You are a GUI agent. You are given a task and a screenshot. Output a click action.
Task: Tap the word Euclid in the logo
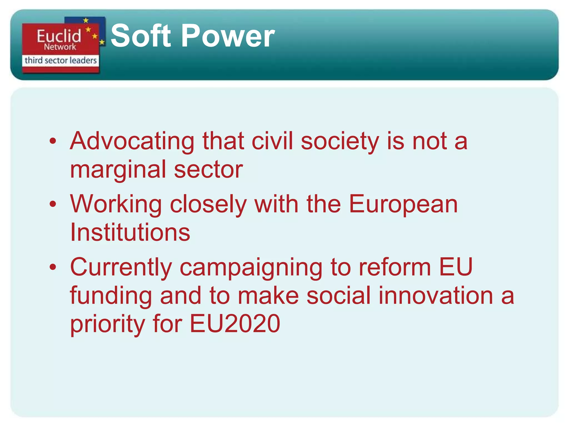point(59,36)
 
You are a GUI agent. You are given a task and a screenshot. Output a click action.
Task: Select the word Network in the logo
point(60,47)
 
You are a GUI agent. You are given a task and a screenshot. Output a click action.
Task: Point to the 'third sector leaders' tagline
point(61,60)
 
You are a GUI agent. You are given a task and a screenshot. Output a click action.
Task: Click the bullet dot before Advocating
point(53,141)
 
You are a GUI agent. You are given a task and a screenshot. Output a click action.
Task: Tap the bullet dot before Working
point(53,204)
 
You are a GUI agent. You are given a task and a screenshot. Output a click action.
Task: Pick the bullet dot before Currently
point(53,267)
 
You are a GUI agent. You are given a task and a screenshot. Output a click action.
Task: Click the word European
point(403,204)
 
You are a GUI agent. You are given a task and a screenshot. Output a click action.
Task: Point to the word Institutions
point(130,232)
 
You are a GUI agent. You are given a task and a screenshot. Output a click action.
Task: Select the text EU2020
point(235,324)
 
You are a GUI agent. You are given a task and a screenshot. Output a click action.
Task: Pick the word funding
point(111,296)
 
